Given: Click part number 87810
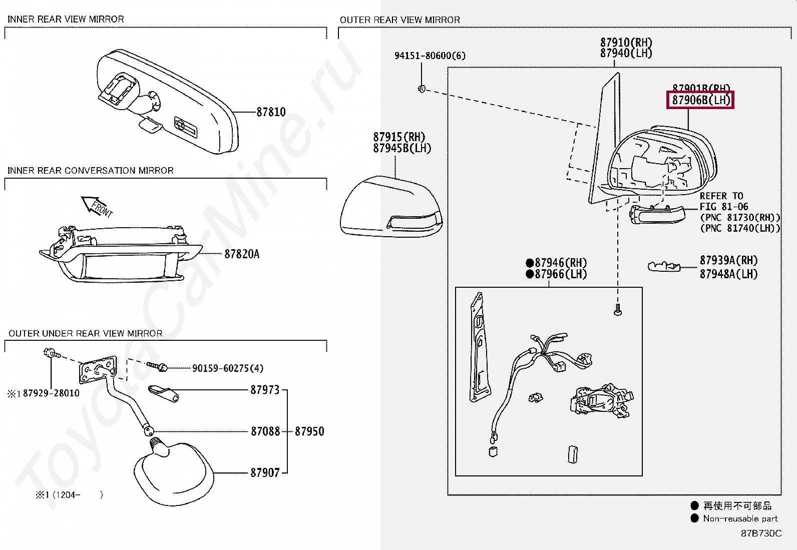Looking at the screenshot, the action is click(x=271, y=112).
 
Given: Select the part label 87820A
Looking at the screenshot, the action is click(x=242, y=254).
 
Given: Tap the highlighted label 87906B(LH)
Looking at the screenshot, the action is click(x=700, y=100).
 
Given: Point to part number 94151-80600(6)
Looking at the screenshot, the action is click(x=430, y=56).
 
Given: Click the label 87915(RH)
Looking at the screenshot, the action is click(x=399, y=137).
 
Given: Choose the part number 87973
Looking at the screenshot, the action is click(x=265, y=390).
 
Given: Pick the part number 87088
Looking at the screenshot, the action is click(x=265, y=431).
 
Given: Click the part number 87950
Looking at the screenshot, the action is click(x=309, y=431).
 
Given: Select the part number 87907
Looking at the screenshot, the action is click(x=265, y=472).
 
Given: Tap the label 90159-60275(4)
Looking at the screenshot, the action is click(x=227, y=368).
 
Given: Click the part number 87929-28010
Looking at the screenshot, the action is click(x=51, y=393).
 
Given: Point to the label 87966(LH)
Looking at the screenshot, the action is click(x=560, y=274).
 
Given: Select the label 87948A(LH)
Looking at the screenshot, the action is click(x=728, y=274).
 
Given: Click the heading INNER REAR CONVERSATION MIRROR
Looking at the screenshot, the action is click(x=90, y=171).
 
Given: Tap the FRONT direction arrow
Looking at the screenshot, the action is click(x=96, y=205).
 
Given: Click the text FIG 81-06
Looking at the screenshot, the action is click(x=723, y=207).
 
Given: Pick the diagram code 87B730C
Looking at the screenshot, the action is click(x=761, y=533).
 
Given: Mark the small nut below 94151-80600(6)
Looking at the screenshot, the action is click(x=422, y=89).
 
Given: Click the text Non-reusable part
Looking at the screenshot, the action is click(x=740, y=518).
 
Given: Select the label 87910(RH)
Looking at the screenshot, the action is click(x=626, y=43).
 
